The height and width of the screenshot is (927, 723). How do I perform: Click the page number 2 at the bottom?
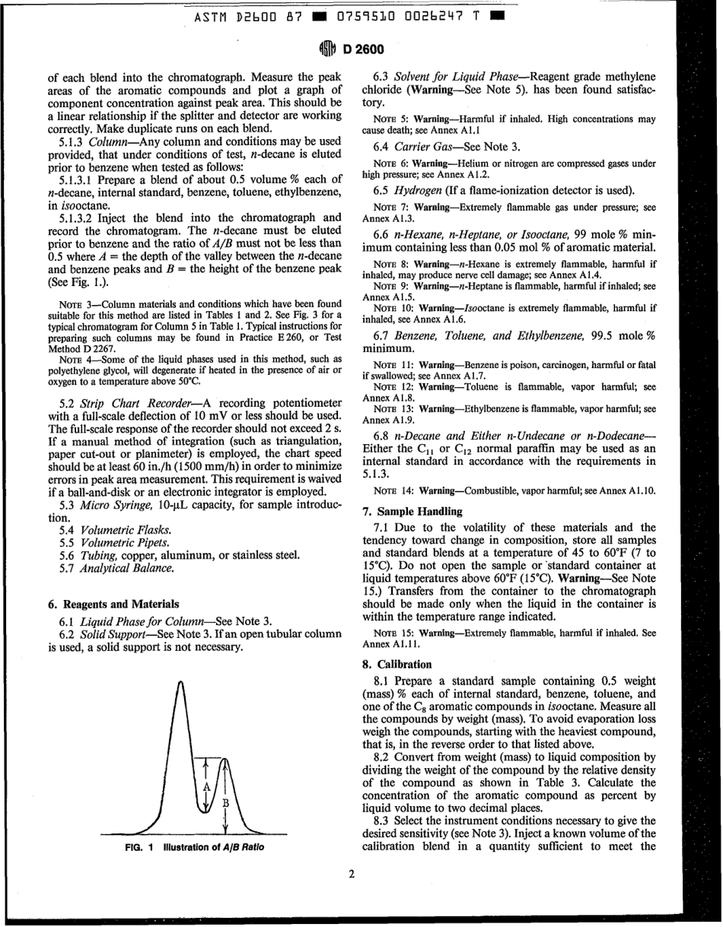coord(351,875)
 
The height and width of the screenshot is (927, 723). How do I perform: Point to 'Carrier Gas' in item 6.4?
coord(425,144)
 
